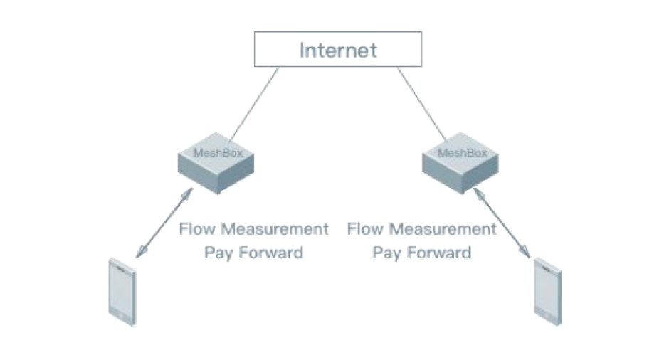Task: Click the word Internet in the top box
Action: coord(338,51)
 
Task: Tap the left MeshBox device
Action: coord(216,163)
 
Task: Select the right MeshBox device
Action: coord(460,163)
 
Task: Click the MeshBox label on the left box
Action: coord(218,153)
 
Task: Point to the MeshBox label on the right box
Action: coord(463,153)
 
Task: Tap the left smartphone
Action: coord(122,292)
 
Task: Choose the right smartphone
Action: coord(548,292)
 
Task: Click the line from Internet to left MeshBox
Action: coord(254,104)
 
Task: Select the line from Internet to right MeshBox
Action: coord(422,104)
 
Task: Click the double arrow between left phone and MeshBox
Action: coord(164,223)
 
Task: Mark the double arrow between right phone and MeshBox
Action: coord(502,223)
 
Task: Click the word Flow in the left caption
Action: coord(196,229)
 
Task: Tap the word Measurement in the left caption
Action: coord(275,229)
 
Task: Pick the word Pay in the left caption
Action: coord(218,253)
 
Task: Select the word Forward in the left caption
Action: coord(271,253)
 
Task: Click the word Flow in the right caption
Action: coord(365,229)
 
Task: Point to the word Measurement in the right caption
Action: coord(443,229)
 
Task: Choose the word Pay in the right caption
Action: coord(386,253)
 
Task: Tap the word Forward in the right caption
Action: coord(439,253)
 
